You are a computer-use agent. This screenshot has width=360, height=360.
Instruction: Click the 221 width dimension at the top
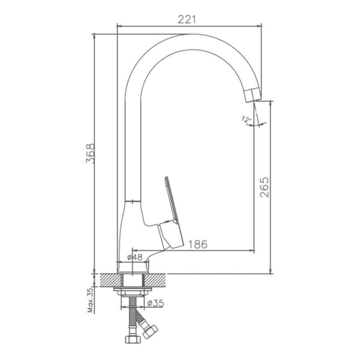click(x=187, y=19)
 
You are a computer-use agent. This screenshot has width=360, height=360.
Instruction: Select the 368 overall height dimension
click(x=90, y=153)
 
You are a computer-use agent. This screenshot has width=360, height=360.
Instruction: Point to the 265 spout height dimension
click(x=264, y=187)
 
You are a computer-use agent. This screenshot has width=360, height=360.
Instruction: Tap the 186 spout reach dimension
click(x=198, y=244)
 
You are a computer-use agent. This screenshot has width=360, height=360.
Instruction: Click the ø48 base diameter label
click(x=135, y=257)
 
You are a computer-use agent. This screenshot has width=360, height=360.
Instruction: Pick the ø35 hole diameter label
click(x=156, y=303)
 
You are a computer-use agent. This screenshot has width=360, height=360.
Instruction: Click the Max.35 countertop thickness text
click(x=91, y=300)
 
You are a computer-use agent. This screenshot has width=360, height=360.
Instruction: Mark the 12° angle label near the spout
click(x=246, y=119)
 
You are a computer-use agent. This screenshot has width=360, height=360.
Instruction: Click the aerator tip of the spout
click(x=252, y=95)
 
